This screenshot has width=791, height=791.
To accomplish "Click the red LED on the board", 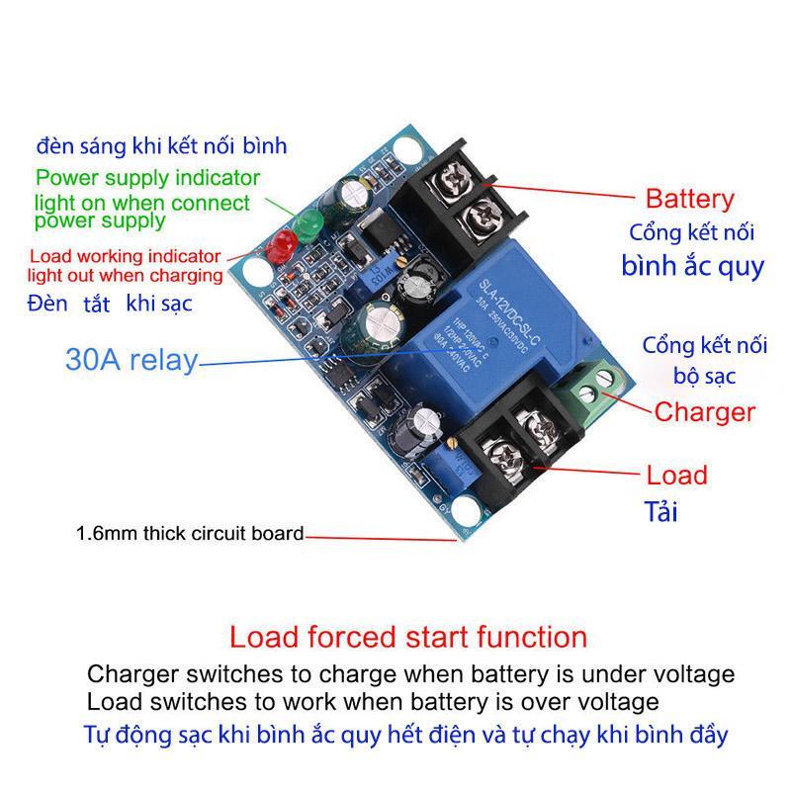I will pyautogui.click(x=280, y=243).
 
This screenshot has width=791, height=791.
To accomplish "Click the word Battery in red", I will pyautogui.click(x=690, y=199).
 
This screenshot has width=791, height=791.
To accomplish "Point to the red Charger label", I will pyautogui.click(x=705, y=411).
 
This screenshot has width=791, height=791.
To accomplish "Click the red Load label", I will pyautogui.click(x=677, y=475).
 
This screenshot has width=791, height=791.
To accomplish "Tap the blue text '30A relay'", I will pyautogui.click(x=132, y=360).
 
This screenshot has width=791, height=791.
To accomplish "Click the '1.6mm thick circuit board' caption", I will pyautogui.click(x=190, y=534).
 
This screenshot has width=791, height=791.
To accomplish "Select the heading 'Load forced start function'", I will pyautogui.click(x=408, y=636).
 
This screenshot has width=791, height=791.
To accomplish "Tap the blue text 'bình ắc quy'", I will pyautogui.click(x=692, y=266).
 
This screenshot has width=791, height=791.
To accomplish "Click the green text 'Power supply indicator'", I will pyautogui.click(x=148, y=179).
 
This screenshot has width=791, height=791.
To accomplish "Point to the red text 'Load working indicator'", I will pyautogui.click(x=125, y=254).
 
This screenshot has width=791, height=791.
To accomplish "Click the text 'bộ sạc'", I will pyautogui.click(x=705, y=377).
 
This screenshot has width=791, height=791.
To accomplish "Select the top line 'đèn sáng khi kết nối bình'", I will pyautogui.click(x=162, y=146).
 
